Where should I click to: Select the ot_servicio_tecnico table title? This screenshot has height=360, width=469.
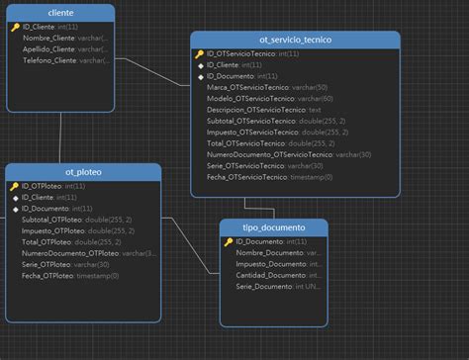[296, 39]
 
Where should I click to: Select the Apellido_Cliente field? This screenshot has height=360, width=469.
[51, 48]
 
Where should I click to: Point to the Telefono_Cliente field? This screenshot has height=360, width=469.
[50, 60]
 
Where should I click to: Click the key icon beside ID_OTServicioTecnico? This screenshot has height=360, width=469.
[199, 54]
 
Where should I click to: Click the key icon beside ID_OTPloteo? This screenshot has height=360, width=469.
[14, 185]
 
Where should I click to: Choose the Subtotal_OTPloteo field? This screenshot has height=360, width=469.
[48, 219]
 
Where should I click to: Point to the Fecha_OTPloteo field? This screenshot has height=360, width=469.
[47, 275]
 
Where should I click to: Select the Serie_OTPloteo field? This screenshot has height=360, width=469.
[47, 264]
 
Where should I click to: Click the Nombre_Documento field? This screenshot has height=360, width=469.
[269, 252]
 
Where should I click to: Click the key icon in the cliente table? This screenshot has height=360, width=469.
[14, 27]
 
